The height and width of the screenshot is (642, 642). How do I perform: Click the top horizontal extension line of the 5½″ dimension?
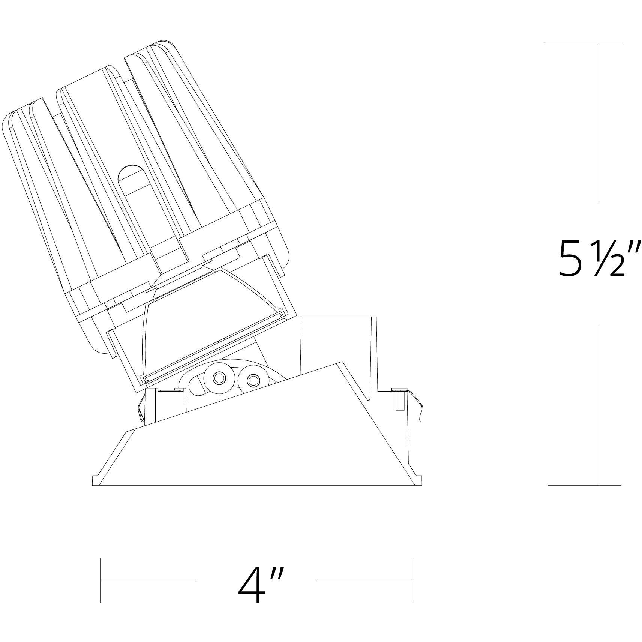[x=582, y=42]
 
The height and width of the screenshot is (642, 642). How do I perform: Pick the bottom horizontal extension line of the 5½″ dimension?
[x=584, y=485]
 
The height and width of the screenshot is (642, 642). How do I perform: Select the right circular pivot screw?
[x=253, y=381]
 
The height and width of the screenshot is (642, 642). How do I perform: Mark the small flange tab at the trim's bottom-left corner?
[x=96, y=480]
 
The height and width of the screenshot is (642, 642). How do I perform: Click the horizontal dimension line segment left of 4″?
[x=147, y=591]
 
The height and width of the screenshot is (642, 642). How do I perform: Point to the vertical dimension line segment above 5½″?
[x=599, y=122]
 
